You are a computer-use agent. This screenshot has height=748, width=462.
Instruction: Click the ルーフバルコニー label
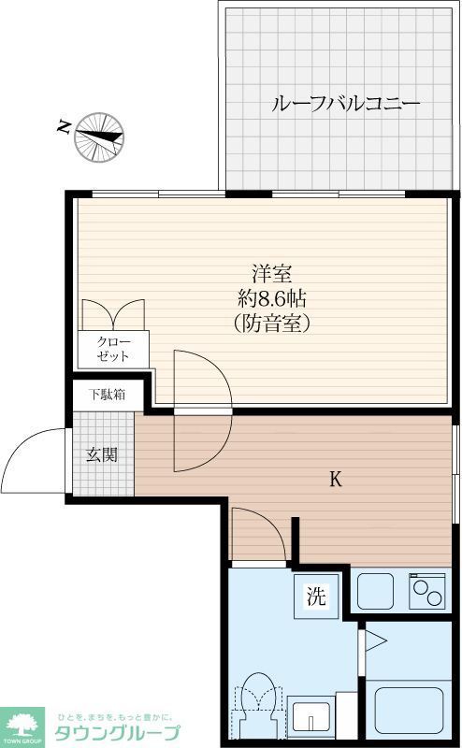[x=345, y=104]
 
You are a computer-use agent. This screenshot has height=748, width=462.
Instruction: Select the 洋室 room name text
[x=271, y=275]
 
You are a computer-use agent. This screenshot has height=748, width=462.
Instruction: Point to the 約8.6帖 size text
[x=271, y=299]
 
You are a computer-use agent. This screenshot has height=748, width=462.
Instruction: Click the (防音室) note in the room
[x=271, y=324]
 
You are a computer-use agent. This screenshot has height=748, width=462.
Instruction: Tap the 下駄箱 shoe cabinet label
[x=108, y=395]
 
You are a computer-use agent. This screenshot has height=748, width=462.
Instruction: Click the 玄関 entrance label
[x=102, y=455]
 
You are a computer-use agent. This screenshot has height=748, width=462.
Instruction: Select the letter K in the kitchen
[x=335, y=481]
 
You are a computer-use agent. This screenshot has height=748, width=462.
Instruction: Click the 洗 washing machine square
[x=317, y=597]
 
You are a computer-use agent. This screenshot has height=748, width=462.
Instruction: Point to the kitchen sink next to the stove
[x=378, y=591]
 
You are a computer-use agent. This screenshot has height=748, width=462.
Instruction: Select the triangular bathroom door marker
[x=375, y=641]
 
